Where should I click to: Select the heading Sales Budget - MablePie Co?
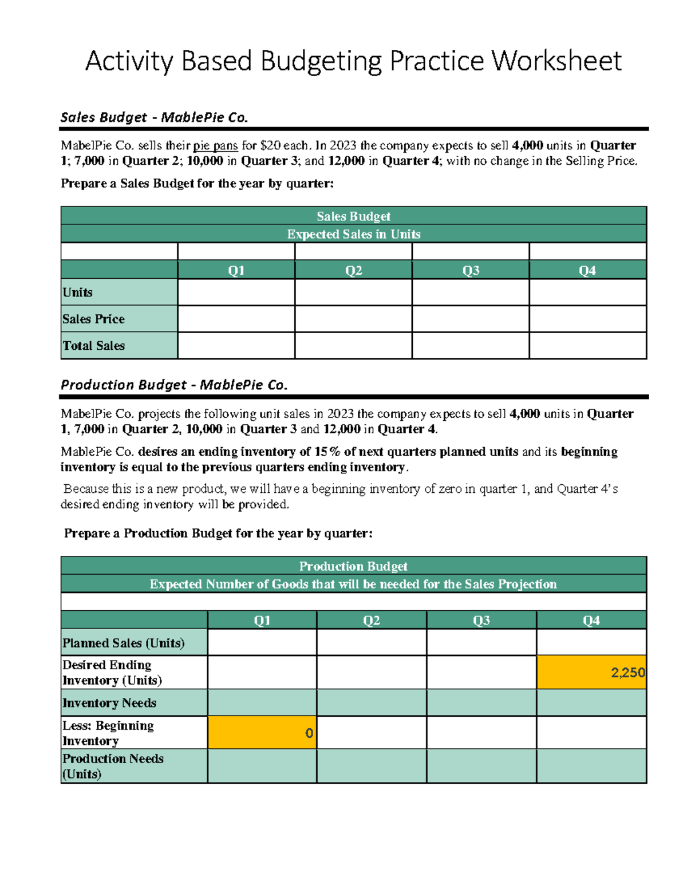[x=154, y=117]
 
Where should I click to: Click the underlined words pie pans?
[x=215, y=145]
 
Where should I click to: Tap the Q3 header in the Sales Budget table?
[x=470, y=270]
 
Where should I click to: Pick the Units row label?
[x=78, y=293]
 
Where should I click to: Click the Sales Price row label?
[x=93, y=319]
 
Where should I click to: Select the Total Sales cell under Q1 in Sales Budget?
[x=236, y=346]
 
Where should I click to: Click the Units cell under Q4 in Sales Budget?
[x=587, y=293]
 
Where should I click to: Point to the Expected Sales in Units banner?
[x=353, y=234]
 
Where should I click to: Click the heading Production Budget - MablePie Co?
[x=174, y=385]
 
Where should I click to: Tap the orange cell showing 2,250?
[x=591, y=673]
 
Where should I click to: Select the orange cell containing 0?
[x=262, y=733]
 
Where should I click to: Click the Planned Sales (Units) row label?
[x=124, y=643]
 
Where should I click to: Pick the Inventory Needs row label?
[x=109, y=703]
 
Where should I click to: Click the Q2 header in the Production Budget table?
[x=371, y=621]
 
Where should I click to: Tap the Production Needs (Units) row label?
[x=113, y=766]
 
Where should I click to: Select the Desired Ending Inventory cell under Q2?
[x=371, y=673]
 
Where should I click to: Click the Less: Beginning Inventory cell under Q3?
[x=481, y=733]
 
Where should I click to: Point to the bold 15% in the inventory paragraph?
[x=327, y=452]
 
